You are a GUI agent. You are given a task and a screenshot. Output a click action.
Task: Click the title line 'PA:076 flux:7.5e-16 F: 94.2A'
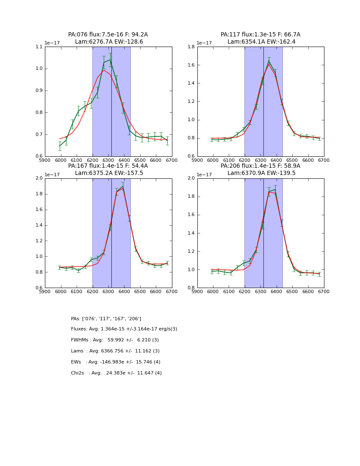point(108,35)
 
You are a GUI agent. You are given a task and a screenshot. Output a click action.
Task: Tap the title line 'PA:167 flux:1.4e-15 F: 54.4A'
point(108,166)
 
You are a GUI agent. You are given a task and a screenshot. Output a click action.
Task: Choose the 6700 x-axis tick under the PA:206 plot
point(324,291)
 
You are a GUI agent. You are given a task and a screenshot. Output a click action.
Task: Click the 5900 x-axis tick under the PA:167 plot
point(45,291)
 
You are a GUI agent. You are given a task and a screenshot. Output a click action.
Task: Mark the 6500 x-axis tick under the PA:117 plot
point(292,160)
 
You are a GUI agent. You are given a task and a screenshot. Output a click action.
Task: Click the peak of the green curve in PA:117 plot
point(269,61)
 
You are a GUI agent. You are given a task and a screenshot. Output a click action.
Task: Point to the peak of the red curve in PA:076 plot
point(104,70)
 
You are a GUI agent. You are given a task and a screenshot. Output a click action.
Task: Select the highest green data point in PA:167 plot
point(123,186)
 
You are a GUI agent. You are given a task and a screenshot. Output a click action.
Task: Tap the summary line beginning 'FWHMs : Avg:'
point(115,340)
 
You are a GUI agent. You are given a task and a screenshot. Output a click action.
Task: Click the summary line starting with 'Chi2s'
point(116,373)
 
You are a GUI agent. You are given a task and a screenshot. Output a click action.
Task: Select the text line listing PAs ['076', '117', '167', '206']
point(106,319)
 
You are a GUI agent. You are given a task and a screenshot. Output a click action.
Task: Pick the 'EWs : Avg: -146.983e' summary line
point(116,362)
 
